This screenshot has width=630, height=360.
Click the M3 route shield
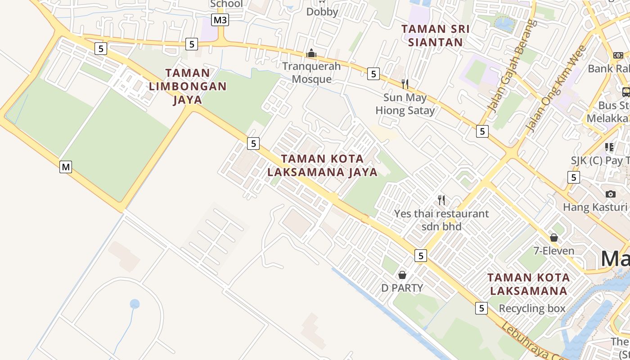(220, 20)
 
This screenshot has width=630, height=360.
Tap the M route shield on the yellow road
(66, 167)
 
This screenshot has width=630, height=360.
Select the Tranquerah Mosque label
(311, 72)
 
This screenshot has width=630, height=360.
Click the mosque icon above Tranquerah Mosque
(311, 54)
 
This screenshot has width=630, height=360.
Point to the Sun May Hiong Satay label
(405, 104)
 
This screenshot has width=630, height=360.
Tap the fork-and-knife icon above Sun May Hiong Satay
(405, 84)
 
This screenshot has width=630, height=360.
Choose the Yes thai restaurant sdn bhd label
(441, 220)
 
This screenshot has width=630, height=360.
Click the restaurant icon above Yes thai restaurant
(441, 200)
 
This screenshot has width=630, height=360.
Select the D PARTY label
(402, 288)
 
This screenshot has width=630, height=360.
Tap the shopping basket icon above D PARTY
(402, 274)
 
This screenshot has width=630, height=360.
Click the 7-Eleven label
(553, 251)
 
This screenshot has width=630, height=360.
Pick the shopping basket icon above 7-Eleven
(553, 237)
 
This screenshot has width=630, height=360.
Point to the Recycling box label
(532, 308)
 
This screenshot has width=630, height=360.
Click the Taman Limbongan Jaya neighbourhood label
(188, 86)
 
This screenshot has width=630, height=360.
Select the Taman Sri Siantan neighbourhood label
(435, 36)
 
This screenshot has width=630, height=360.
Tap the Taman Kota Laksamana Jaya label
(322, 165)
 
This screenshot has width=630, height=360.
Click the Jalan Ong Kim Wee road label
(557, 88)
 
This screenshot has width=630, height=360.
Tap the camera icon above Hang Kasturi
(610, 194)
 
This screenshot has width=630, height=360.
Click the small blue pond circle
(135, 304)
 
